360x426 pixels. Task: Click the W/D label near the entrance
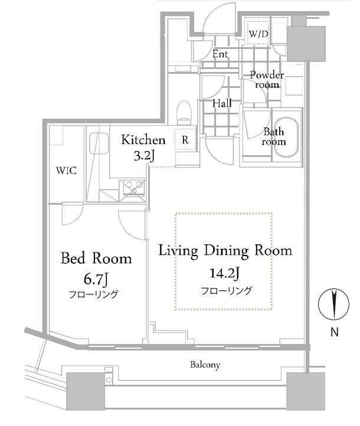[x=258, y=35]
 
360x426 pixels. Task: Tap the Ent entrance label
[x=220, y=54]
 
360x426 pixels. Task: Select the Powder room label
[x=267, y=80]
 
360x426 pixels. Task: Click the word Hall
[x=222, y=103]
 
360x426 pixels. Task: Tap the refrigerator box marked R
[x=185, y=140]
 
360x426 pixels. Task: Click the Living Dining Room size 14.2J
[x=224, y=273]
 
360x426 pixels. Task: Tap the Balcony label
[x=205, y=365]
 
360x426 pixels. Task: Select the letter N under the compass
[x=334, y=332]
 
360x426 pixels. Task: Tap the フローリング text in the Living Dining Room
[x=227, y=290]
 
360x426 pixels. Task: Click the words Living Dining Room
[x=225, y=251]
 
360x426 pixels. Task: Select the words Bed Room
[x=97, y=258]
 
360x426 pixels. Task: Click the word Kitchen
[x=143, y=140]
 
